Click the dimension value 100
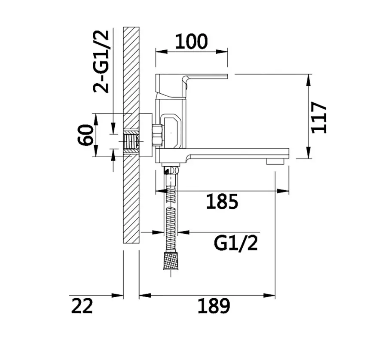192,41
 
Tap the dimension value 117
319,118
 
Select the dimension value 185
222,201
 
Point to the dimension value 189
214,306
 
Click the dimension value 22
82,306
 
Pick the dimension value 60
86,135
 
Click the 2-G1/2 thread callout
101,62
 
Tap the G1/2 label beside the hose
235,243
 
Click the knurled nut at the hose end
171,261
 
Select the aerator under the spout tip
275,161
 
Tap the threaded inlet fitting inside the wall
131,142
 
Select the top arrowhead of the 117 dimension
309,80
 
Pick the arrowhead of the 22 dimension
117,296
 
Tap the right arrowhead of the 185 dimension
283,191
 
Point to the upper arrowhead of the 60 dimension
96,119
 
